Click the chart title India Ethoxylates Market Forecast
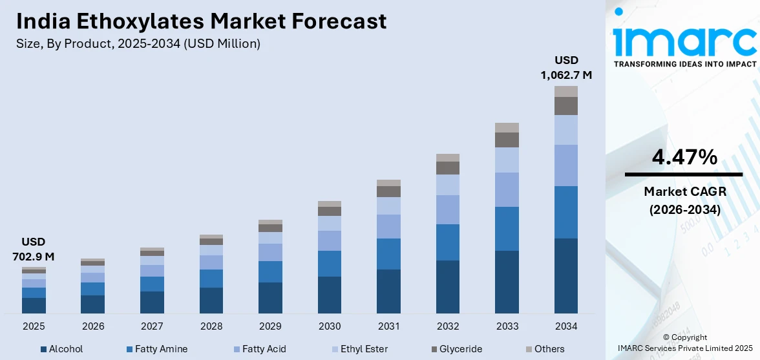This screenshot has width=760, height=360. coord(202,21)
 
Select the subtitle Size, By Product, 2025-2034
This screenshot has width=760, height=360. coord(138,44)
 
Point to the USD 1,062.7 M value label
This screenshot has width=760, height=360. coord(566,68)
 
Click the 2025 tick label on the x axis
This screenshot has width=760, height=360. coord(34,326)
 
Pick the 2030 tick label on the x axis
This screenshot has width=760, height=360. coord(330,326)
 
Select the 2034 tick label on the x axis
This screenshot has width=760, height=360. coord(566,326)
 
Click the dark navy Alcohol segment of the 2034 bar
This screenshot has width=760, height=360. coord(566,275)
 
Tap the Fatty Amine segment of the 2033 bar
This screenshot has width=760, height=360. coord(507,229)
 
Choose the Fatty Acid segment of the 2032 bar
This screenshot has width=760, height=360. coord(448,209)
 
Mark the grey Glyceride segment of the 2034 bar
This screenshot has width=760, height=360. coord(566,106)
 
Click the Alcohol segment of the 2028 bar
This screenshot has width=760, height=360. coord(211,301)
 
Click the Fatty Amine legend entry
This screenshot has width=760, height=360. coord(157,349)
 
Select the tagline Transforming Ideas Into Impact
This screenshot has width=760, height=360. coord(684,64)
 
